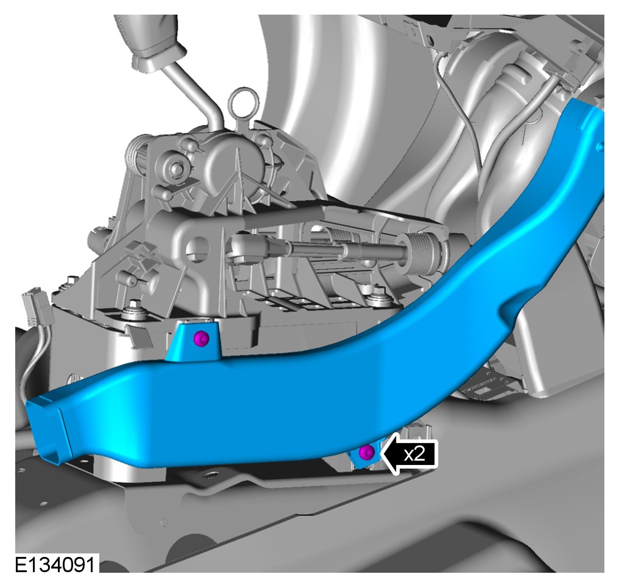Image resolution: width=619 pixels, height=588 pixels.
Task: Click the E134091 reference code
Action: pyautogui.click(x=55, y=565)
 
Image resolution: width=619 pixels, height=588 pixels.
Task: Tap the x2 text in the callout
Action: pyautogui.click(x=414, y=454)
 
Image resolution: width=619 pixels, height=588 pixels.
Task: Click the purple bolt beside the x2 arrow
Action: pyautogui.click(x=367, y=452)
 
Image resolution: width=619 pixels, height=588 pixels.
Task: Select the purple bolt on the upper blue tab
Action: pyautogui.click(x=202, y=338)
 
